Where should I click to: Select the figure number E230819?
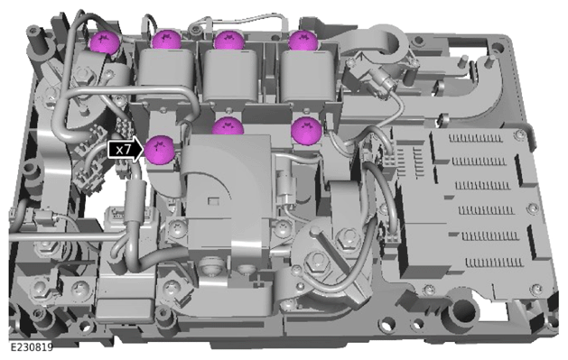coord(32,347)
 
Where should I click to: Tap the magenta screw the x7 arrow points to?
coord(160,150)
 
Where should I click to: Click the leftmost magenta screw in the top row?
coord(105,42)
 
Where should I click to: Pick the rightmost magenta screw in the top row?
coord(303,40)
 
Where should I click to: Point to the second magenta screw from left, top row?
coord(166,40)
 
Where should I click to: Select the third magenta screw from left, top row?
coord(229,40)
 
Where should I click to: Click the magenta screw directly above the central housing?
coord(228,126)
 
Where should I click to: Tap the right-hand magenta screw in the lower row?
coord(306,130)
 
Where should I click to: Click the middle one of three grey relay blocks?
coord(230,75)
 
